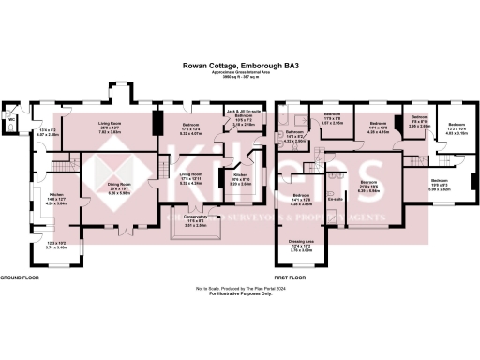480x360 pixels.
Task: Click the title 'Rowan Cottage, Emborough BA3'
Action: click(240, 67)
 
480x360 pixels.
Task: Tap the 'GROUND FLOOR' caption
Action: click(19, 278)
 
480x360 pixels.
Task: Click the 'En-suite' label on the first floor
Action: click(333, 200)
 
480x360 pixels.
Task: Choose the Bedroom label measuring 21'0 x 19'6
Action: click(368, 184)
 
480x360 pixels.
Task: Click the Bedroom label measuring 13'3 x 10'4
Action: click(457, 127)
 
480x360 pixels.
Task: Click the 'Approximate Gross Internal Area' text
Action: click(240, 72)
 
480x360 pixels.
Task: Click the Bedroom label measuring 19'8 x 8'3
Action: click(440, 183)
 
